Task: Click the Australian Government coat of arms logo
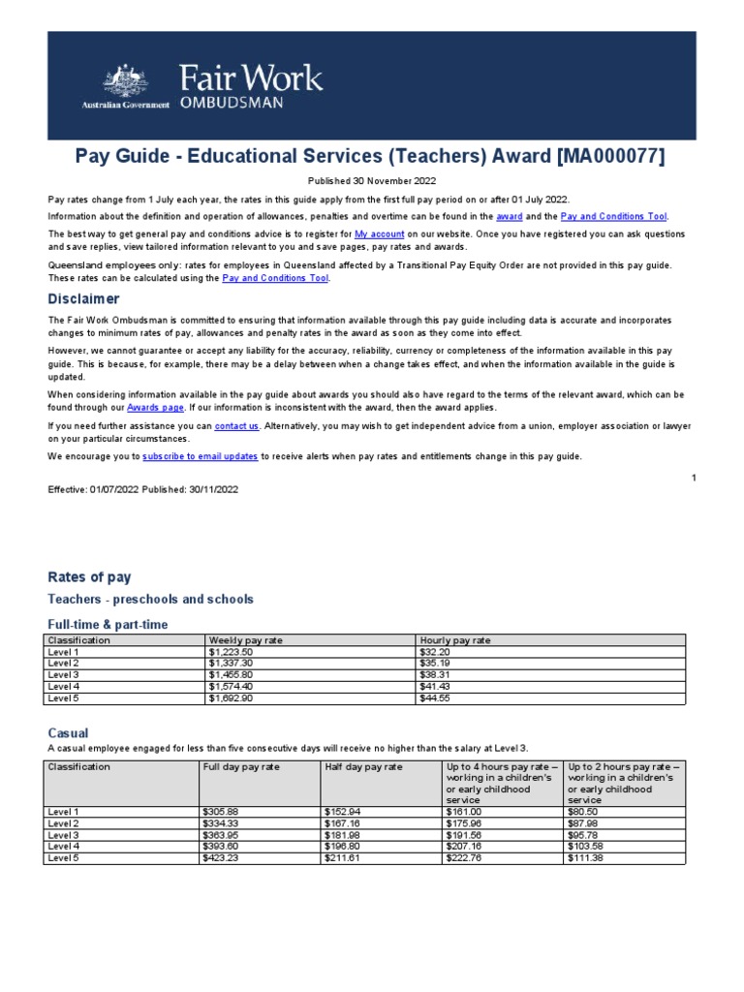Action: [x=121, y=78]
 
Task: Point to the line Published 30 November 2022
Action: [x=372, y=180]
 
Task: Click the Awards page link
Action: [x=155, y=409]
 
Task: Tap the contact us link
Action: [x=236, y=426]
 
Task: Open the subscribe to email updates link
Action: [x=200, y=456]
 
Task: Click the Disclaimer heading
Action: [x=84, y=298]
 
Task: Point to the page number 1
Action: [x=694, y=478]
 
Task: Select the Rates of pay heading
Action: [x=89, y=577]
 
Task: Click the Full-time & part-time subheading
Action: [x=108, y=625]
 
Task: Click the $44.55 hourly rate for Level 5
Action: [x=434, y=697]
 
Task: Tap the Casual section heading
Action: [x=68, y=733]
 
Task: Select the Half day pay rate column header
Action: [x=363, y=766]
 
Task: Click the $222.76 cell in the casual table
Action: [x=463, y=857]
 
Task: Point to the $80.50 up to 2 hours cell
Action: [x=582, y=812]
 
